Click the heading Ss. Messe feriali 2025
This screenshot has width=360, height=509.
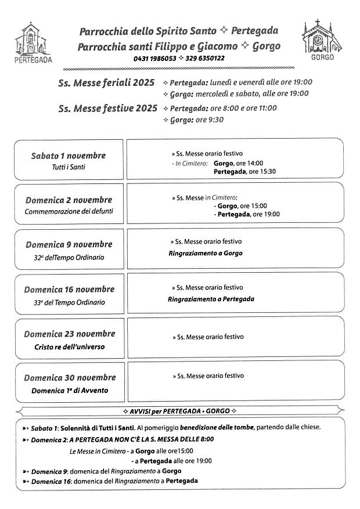click(x=106, y=82)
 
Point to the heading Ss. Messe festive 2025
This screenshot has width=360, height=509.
click(x=107, y=108)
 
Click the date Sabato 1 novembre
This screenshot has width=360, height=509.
click(x=69, y=156)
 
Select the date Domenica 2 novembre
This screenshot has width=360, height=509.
click(x=69, y=200)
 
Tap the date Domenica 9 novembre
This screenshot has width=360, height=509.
click(x=69, y=244)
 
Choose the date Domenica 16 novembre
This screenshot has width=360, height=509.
click(x=69, y=289)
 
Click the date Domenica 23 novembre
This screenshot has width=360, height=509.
click(x=69, y=334)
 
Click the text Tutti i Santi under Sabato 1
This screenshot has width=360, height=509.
click(x=69, y=167)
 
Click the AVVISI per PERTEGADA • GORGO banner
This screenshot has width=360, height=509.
click(x=180, y=411)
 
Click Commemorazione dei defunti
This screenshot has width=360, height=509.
click(x=69, y=212)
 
